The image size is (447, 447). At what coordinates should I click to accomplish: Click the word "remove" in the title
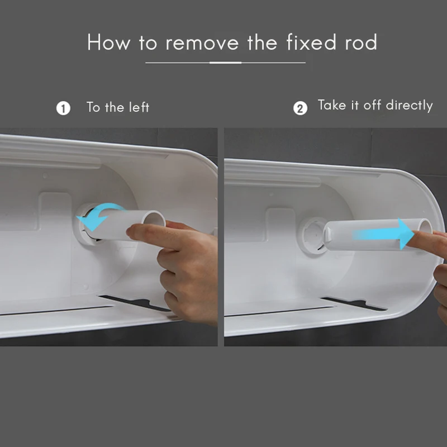pos(202,42)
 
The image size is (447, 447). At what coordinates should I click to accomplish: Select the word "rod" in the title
pos(361,42)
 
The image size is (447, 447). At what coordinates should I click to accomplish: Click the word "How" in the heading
pos(108,42)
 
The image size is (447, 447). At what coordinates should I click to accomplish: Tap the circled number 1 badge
pos(63,108)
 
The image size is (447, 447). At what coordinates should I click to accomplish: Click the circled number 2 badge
pos(300,108)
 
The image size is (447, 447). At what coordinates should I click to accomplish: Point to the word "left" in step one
pos(139,107)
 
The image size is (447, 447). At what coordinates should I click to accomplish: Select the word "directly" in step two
pos(409,106)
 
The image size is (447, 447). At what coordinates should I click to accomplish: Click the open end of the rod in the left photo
pos(156,220)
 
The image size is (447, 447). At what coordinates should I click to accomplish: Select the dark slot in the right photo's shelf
pos(354,303)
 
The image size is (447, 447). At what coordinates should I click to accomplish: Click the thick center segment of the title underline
pos(226,63)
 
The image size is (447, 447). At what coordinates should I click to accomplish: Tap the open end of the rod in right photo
pos(425,227)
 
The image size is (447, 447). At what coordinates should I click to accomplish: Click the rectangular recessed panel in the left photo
pos(54,212)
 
